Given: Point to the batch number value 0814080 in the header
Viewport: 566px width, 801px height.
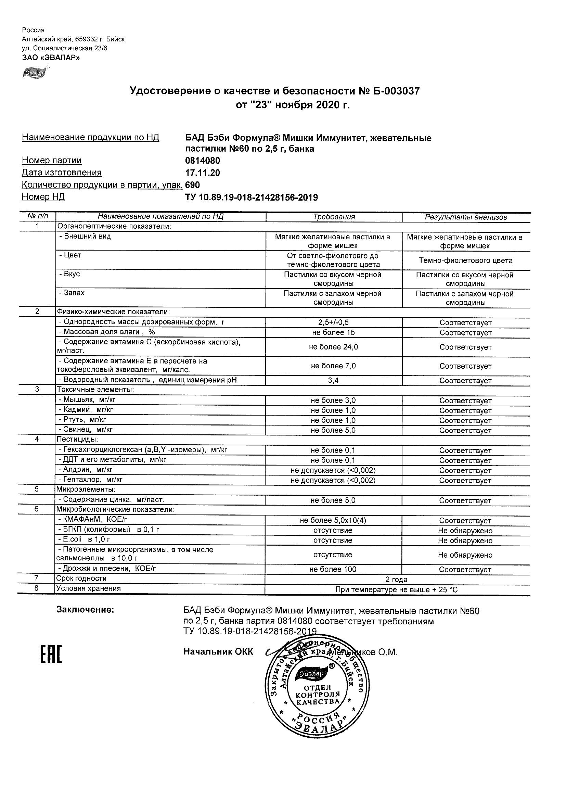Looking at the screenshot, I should pyautogui.click(x=203, y=161).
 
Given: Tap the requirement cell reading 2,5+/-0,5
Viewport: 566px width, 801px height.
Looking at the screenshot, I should pyautogui.click(x=333, y=323).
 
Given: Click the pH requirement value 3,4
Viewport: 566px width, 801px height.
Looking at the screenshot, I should pyautogui.click(x=333, y=381).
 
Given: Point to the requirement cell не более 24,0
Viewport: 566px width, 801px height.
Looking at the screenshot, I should pyautogui.click(x=333, y=347).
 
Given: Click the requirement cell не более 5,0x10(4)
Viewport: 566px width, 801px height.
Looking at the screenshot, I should pyautogui.click(x=333, y=521).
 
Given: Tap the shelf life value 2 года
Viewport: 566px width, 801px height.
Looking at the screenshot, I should pyautogui.click(x=396, y=580).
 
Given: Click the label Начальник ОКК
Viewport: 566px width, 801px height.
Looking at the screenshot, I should pyautogui.click(x=218, y=652).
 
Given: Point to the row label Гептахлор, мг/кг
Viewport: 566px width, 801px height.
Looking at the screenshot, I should pyautogui.click(x=90, y=480).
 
